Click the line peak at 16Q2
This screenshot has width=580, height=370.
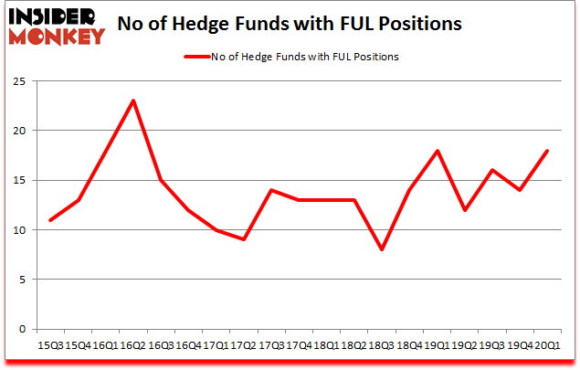pos(133,100)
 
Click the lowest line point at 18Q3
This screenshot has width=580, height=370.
pos(382,249)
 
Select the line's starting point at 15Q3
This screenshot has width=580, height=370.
pos(50,220)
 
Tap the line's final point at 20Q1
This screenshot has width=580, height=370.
pos(548,150)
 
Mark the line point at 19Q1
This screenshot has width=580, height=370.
pos(438,150)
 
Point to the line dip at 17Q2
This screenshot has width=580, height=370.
pos(244,239)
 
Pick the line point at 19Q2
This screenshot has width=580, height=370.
pos(465,210)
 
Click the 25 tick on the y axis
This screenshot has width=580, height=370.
pos(17,80)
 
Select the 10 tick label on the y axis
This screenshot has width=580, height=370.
pos(17,230)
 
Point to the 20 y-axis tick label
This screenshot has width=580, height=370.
pos(17,131)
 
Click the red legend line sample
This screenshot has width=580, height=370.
pos(199,57)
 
